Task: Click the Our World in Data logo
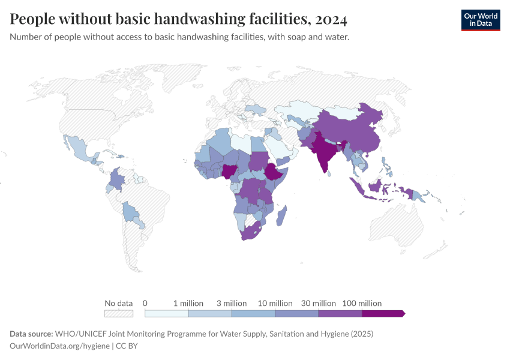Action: [480, 20]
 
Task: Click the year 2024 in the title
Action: [331, 20]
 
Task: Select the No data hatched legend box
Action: [118, 313]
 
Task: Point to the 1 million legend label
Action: [188, 303]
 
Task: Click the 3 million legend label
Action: [232, 303]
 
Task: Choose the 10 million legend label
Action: [275, 303]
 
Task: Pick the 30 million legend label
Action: [319, 303]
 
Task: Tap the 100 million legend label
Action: [362, 303]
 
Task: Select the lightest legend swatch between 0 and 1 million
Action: [166, 313]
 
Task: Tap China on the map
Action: [354, 132]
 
